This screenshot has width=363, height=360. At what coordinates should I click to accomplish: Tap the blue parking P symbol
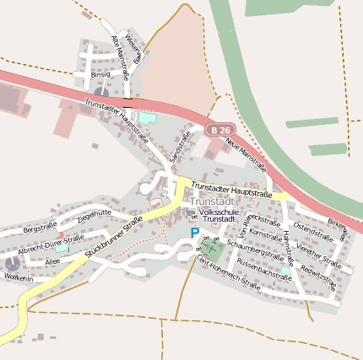[x=195, y=233]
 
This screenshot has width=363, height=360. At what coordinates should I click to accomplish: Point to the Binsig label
[x=100, y=74]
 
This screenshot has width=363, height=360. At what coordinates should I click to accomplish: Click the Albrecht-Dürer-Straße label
[x=51, y=246]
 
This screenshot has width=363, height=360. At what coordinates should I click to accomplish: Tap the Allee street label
[x=53, y=262]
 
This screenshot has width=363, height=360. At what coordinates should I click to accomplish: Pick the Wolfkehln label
[x=19, y=277]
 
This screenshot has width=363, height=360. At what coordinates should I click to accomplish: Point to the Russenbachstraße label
[x=264, y=270]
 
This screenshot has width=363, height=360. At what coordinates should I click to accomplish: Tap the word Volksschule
[x=214, y=212]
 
